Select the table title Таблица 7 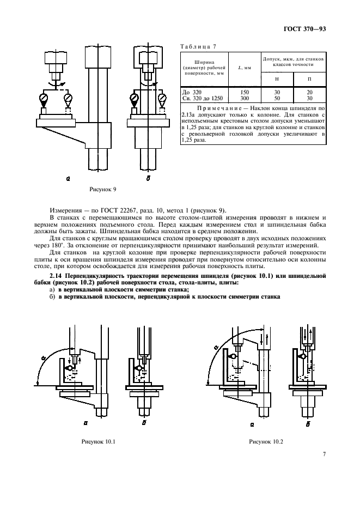point(199,46)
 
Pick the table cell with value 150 point(245,93)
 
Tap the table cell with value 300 point(245,98)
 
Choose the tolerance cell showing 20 point(309,93)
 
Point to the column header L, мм point(245,68)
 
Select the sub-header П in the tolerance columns point(309,80)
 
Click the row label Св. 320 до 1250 point(203,98)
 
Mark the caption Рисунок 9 point(102,189)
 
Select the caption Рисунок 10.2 point(264,440)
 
